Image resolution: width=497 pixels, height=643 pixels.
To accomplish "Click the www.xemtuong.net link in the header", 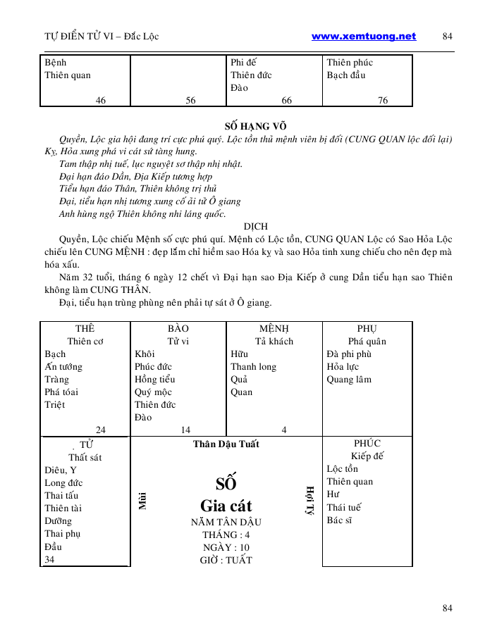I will click(x=363, y=37).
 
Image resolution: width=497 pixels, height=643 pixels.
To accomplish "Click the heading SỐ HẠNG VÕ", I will click(x=250, y=126).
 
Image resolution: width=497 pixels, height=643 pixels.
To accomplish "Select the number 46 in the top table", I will click(x=101, y=101).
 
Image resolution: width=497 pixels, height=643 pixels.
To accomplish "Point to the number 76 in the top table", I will click(x=383, y=101).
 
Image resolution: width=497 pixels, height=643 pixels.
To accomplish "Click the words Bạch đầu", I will click(x=346, y=75).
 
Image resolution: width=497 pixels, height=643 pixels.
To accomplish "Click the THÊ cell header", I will click(x=85, y=329).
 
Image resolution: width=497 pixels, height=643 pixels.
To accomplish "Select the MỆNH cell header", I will click(x=274, y=329).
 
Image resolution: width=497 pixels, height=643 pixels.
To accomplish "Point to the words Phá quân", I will click(x=367, y=342).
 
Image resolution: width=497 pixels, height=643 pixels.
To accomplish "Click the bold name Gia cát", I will click(x=226, y=506).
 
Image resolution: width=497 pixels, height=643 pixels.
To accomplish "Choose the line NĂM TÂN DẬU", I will click(x=226, y=522).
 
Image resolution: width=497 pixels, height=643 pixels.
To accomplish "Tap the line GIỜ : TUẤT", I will click(x=226, y=560).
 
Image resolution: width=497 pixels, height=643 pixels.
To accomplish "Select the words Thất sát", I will click(x=85, y=457).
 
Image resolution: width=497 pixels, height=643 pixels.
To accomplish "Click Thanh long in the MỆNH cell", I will click(x=253, y=367).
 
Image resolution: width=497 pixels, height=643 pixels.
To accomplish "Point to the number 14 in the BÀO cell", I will click(x=185, y=430).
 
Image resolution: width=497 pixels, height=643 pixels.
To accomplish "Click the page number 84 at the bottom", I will click(x=447, y=608).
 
